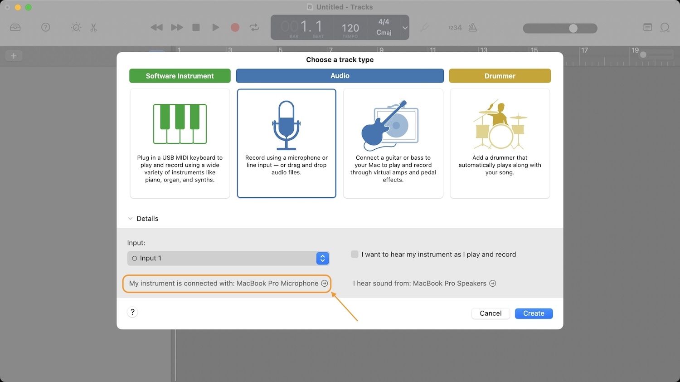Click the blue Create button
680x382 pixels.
tap(534, 313)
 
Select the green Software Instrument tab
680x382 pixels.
tap(180, 76)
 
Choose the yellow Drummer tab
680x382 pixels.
tap(500, 76)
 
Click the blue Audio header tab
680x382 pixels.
tap(340, 76)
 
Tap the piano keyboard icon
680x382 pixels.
tap(180, 124)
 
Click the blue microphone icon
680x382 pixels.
tap(286, 125)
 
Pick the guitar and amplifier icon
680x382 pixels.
tap(390, 125)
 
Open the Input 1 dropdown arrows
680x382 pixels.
tap(322, 258)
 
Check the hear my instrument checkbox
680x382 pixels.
tap(354, 254)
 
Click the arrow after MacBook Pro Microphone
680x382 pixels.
tap(325, 283)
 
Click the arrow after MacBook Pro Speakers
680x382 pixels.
tap(493, 283)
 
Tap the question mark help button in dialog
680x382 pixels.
tap(132, 312)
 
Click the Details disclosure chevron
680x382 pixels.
tap(130, 219)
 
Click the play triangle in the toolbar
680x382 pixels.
tap(215, 27)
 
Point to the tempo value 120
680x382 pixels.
tap(350, 28)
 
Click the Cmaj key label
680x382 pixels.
tap(384, 32)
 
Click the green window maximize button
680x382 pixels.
tap(29, 7)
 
